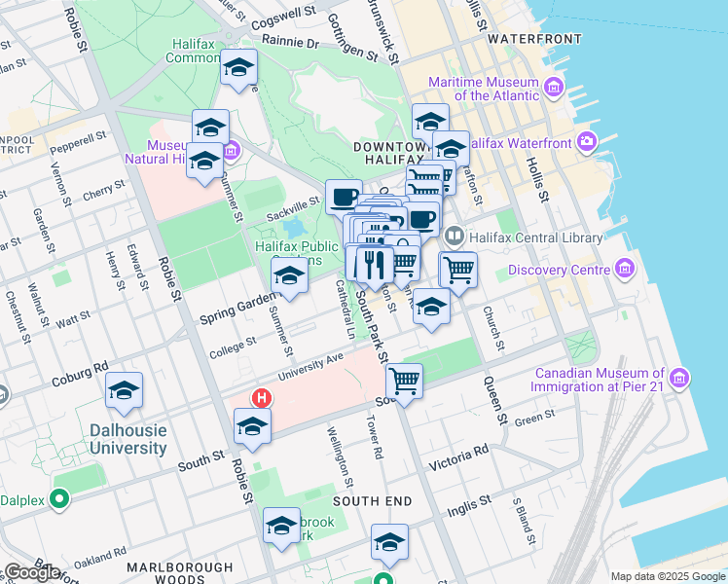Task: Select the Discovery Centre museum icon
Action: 623,270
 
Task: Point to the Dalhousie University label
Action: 127,439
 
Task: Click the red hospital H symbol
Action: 261,398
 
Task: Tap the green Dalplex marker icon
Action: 58,500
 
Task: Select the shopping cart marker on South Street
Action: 404,380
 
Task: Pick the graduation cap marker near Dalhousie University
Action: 124,390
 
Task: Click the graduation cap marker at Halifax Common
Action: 237,68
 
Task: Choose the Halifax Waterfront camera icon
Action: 587,142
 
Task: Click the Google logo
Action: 31,572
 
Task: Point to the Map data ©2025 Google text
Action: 667,576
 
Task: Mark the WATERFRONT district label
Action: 534,39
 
